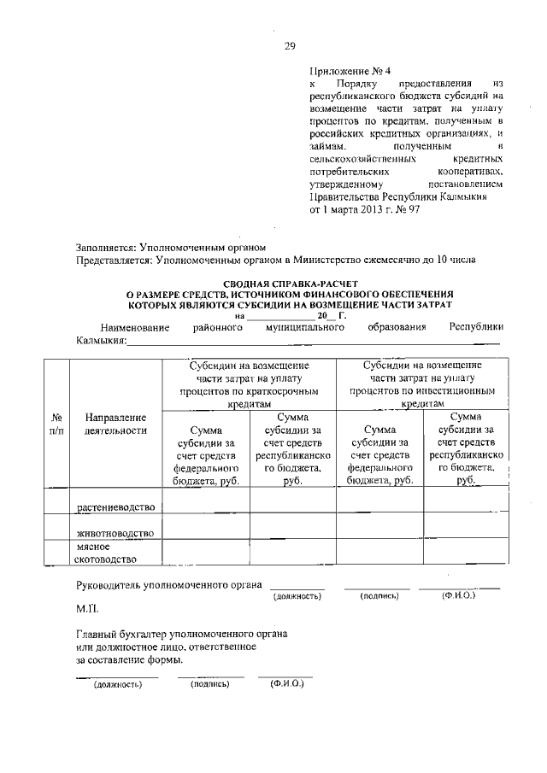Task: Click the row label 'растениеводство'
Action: pos(115,508)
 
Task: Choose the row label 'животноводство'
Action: pos(115,533)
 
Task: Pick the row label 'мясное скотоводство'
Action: pos(107,553)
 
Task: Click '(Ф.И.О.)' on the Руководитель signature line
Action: pos(458,594)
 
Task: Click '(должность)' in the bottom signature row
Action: pos(117,684)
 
